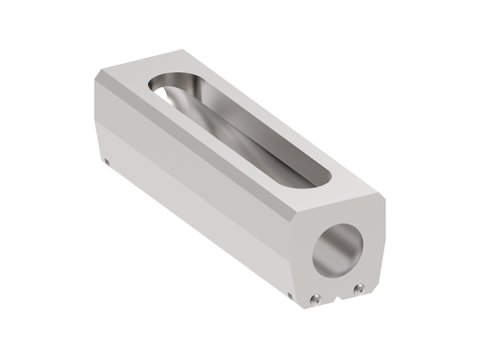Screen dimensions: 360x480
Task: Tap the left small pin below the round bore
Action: pos(318,299)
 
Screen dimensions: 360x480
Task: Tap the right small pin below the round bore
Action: pos(357,290)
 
